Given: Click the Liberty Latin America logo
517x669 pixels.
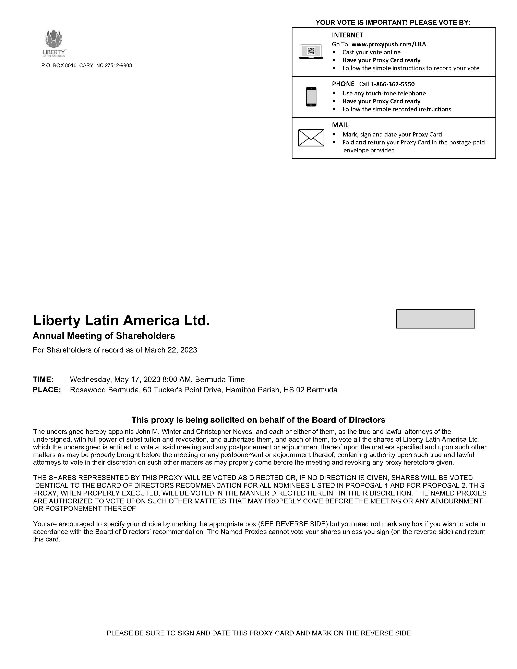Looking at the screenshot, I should click(x=54, y=43).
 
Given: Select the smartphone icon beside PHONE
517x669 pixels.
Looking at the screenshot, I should click(x=311, y=97).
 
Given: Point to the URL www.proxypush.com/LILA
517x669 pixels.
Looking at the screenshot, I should click(x=388, y=44).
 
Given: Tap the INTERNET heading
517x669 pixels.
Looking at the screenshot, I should click(x=347, y=35).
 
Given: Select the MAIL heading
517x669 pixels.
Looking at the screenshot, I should click(x=340, y=125).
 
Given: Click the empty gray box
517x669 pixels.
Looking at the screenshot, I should click(x=435, y=319).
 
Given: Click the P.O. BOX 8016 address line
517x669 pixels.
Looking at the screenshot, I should click(x=87, y=65).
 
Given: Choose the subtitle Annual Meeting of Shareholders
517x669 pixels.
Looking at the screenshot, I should click(x=104, y=336).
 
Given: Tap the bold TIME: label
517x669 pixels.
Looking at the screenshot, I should click(x=43, y=380).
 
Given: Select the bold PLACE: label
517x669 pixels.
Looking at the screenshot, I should click(x=47, y=390).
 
